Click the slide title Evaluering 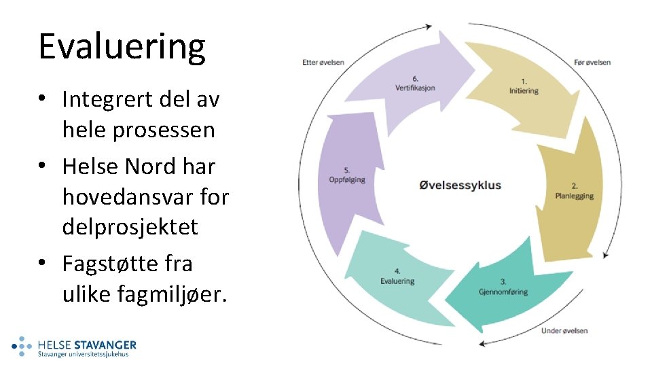122,47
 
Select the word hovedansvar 122,196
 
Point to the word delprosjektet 130,226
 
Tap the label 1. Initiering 524,86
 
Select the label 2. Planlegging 574,191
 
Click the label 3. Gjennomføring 503,287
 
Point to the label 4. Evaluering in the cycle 397,277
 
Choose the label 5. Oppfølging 347,175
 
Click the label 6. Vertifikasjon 415,83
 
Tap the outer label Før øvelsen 592,63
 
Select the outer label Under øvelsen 564,331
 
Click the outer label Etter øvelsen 323,63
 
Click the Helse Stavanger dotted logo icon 22,347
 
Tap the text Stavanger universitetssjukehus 83,354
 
